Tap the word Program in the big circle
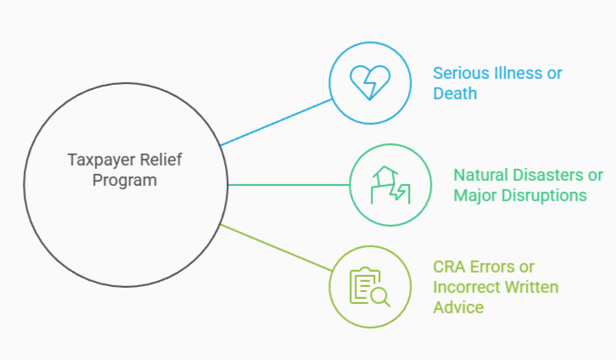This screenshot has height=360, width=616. coord(125,180)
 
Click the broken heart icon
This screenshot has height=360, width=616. coord(370,82)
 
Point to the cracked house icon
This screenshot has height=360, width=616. coord(389,184)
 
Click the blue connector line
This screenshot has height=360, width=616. coord(276,122)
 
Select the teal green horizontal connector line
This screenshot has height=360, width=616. coord(288,184)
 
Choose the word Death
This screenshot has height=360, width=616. coord(455,93)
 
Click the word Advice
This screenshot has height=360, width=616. coord(458,307)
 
